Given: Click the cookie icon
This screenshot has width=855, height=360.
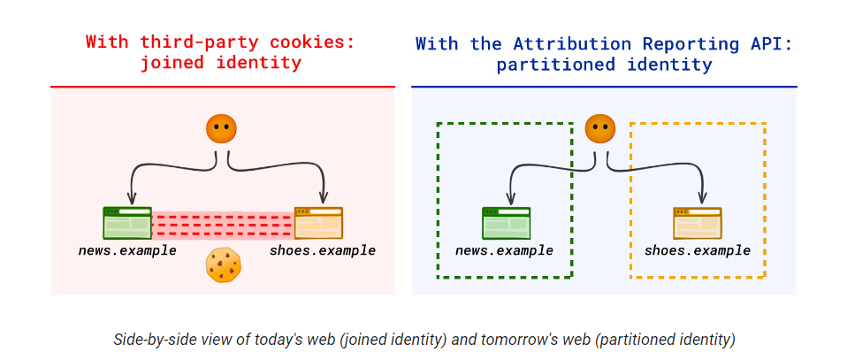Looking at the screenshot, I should [x=224, y=265].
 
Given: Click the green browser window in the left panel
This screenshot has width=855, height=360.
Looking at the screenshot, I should [x=127, y=223].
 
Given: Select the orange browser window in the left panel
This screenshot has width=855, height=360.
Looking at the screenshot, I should [x=318, y=223].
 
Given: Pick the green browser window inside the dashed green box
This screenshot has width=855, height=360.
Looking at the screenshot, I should [x=506, y=223].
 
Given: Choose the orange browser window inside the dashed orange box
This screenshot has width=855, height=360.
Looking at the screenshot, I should [x=697, y=223].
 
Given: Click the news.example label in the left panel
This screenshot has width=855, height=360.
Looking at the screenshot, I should [x=127, y=250].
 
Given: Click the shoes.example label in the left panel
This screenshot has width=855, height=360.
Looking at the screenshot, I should [x=323, y=250].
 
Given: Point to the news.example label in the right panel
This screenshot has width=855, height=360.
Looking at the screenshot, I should [x=505, y=250].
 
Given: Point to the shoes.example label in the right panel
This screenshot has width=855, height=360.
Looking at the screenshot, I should [x=698, y=250].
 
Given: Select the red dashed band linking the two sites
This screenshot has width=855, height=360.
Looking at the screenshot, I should [x=223, y=226].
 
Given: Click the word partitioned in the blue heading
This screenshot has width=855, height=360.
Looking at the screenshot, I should [x=548, y=64].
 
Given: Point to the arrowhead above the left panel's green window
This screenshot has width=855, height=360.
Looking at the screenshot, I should [x=132, y=199].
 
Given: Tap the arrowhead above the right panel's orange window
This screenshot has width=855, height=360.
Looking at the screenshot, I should [x=703, y=199].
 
